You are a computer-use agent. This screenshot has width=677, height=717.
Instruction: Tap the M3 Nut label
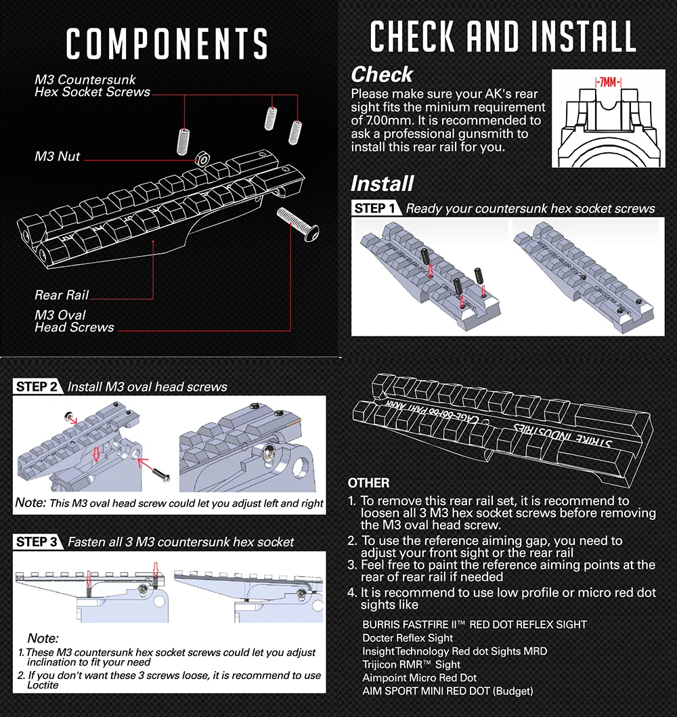tap(58, 156)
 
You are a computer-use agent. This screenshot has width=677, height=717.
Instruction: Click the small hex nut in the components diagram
tap(202, 158)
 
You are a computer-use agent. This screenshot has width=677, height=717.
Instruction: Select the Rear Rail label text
tap(62, 295)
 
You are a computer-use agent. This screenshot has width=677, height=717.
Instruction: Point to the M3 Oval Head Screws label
tap(74, 321)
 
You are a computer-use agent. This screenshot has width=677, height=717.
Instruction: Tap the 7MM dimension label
tap(608, 82)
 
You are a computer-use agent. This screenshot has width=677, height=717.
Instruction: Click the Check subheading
tap(382, 74)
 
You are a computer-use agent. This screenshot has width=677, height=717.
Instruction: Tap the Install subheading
tap(382, 183)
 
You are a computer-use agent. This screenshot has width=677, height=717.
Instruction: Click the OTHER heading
tap(368, 483)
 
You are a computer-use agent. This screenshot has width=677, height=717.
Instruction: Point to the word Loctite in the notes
tap(43, 685)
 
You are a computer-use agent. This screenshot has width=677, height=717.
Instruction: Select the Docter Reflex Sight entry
tap(408, 638)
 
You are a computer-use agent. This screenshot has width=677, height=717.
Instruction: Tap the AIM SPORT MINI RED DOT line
tap(447, 691)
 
